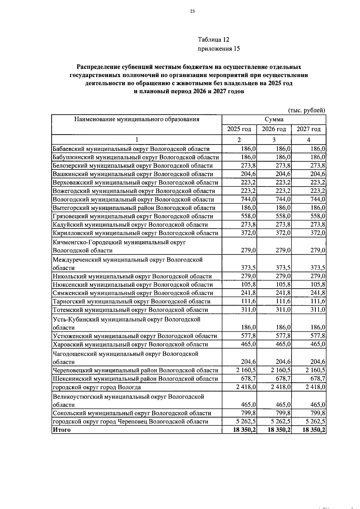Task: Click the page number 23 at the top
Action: pos(192,12)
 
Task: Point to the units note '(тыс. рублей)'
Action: pos(307,110)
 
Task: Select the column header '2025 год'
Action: pos(239,129)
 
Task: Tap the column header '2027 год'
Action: pos(308,129)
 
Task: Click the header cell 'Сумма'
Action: pos(274,119)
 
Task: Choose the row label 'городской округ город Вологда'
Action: pos(97,387)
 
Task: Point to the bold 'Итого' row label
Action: pos(62,430)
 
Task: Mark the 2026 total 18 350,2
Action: pos(279,430)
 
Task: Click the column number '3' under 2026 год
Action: pos(274,140)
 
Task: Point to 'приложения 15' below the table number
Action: pos(219,49)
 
